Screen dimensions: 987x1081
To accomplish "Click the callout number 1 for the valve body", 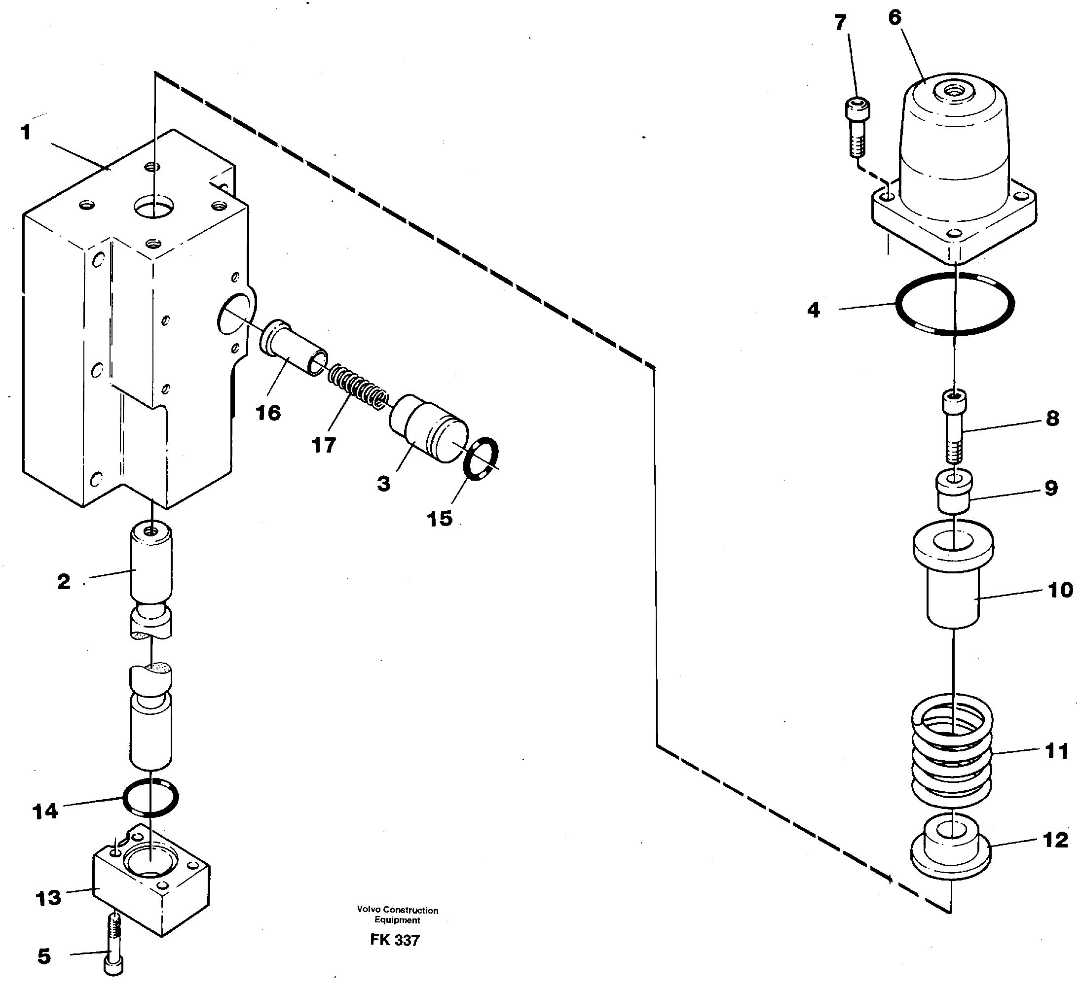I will coord(26,132).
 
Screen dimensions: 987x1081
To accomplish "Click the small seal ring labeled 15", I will coord(481,458).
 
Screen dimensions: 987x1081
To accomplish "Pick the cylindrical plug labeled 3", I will coord(428,428).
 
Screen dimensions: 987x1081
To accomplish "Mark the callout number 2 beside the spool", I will coord(64,581).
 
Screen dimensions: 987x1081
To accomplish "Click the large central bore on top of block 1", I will coord(154,206).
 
